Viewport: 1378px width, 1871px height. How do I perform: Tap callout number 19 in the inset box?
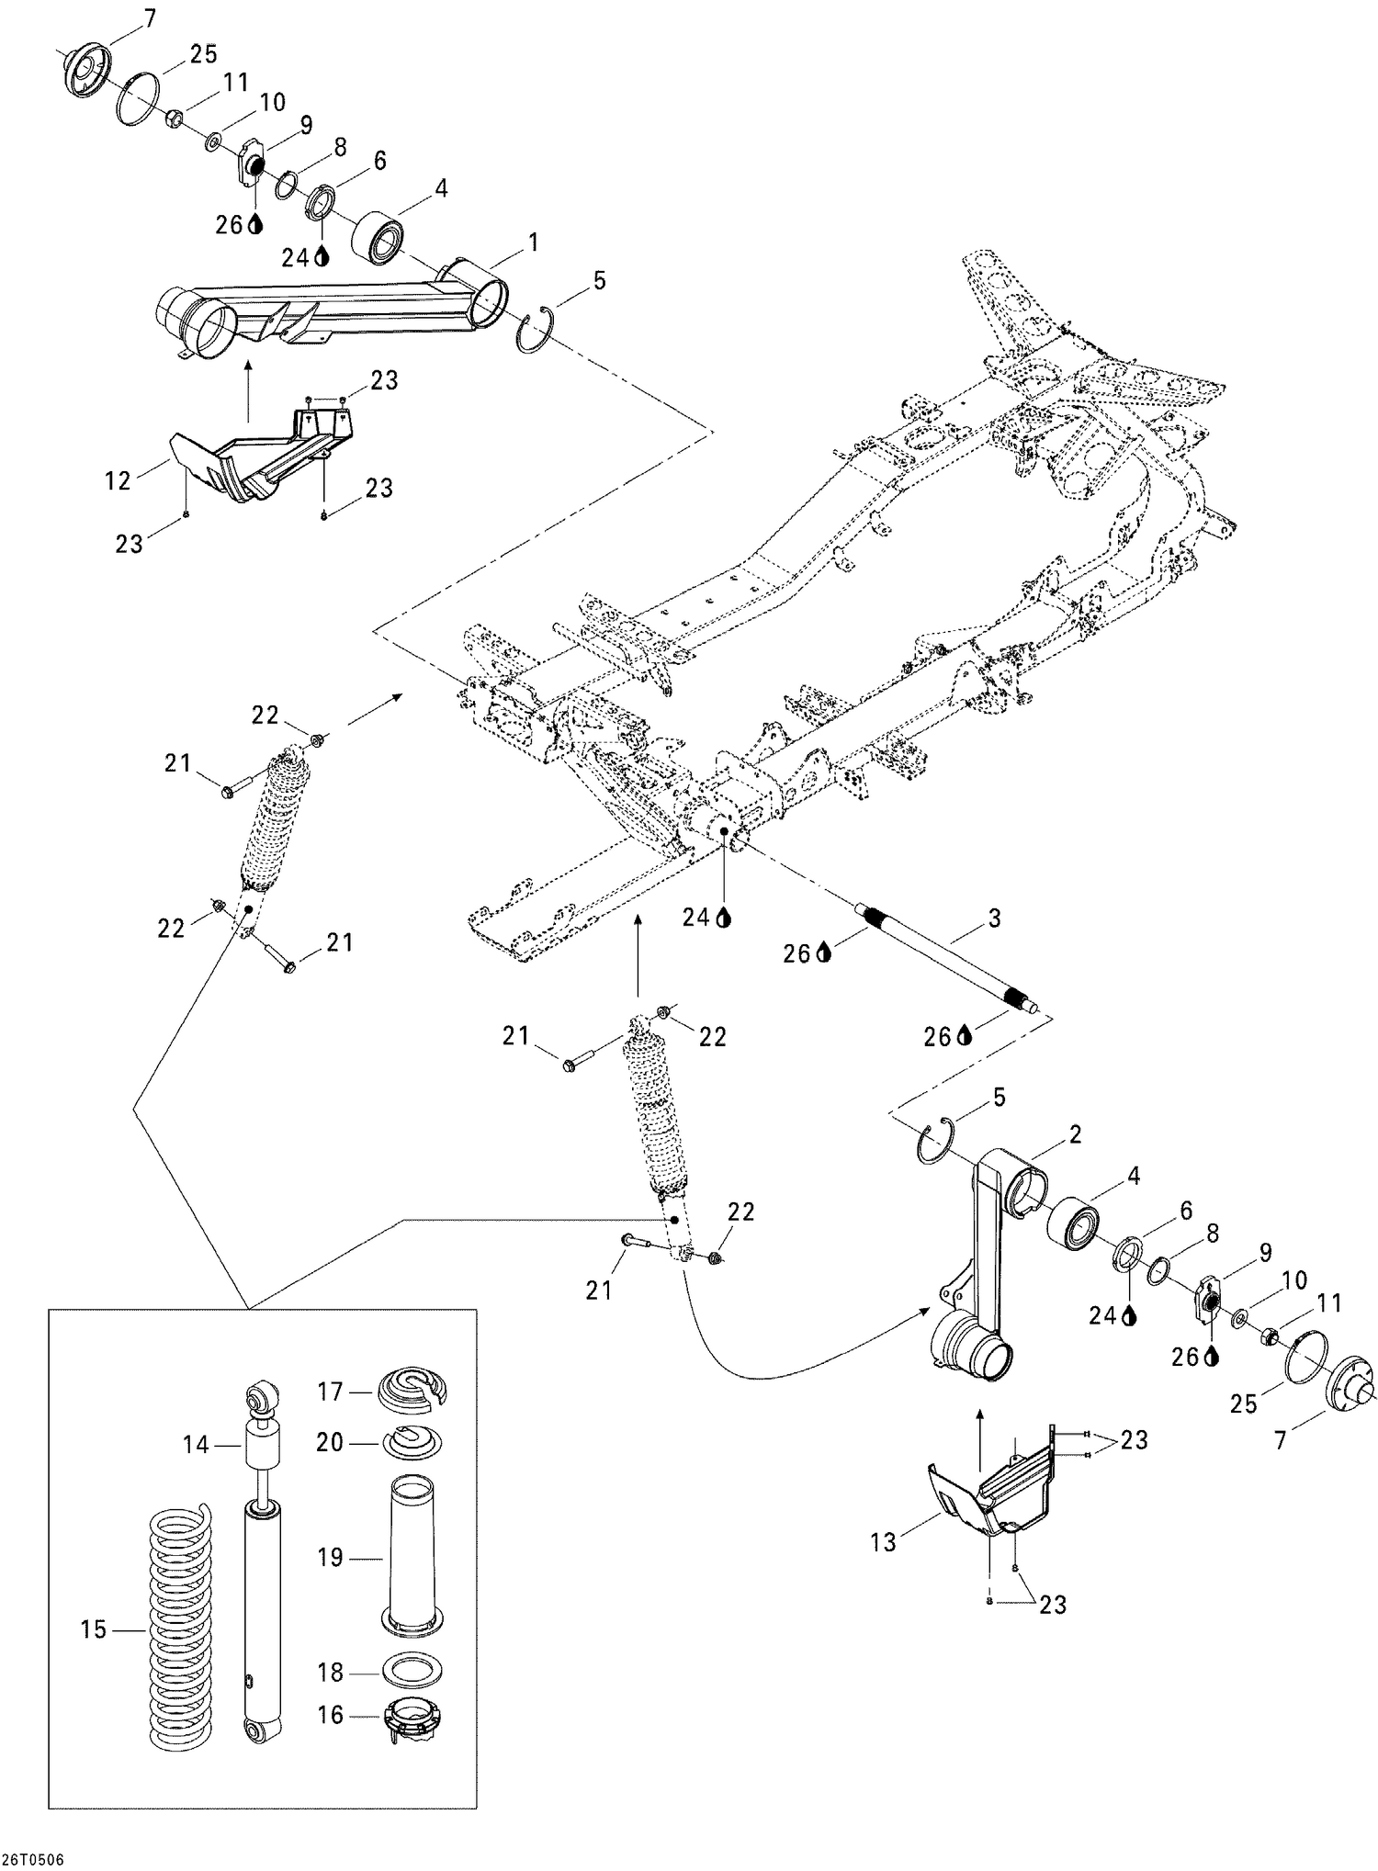(330, 1558)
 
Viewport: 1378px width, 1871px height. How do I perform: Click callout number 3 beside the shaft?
(994, 917)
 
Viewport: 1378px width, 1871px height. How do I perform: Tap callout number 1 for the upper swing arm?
(533, 242)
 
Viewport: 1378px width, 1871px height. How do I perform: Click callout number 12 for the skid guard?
(117, 480)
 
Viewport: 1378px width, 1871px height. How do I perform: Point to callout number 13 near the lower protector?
(882, 1542)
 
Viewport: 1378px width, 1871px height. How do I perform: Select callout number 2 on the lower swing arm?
(1073, 1134)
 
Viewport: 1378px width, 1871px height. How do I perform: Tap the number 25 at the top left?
(203, 54)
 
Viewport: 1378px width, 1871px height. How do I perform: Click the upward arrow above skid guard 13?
(978, 1424)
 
